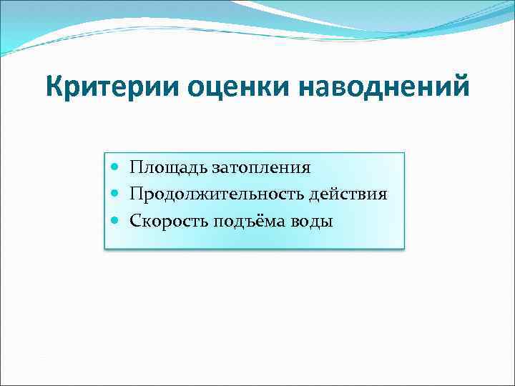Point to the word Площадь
pyautogui.click(x=169, y=168)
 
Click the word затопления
pyautogui.click(x=260, y=168)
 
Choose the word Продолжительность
pyautogui.click(x=219, y=194)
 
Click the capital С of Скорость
pyautogui.click(x=135, y=221)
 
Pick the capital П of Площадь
pyautogui.click(x=136, y=168)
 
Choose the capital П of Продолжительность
pyautogui.click(x=136, y=194)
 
